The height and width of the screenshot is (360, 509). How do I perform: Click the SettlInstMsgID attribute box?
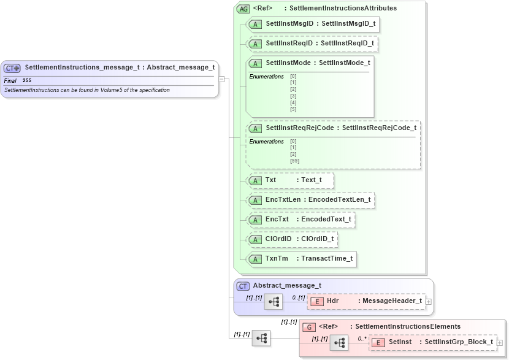click(313, 25)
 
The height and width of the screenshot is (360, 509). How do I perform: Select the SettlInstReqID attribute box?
click(313, 44)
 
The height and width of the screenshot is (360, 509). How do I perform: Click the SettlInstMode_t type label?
click(344, 63)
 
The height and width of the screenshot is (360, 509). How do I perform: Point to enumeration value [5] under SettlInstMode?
click(293, 109)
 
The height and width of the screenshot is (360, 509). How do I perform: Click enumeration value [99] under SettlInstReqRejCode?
click(294, 161)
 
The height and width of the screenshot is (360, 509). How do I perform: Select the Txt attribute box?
click(289, 180)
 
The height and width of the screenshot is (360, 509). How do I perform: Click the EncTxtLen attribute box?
click(310, 200)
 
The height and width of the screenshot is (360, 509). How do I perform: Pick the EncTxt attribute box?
click(300, 220)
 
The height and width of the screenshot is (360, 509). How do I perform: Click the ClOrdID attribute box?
click(292, 239)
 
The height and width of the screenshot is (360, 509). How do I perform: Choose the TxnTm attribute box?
click(301, 259)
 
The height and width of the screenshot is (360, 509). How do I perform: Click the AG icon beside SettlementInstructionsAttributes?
click(243, 9)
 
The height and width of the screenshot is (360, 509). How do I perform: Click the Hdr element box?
click(366, 301)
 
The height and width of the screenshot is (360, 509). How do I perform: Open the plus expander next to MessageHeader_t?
click(428, 301)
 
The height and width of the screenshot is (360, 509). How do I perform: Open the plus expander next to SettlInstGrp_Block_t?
click(499, 342)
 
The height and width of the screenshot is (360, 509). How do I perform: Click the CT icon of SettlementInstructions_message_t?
click(12, 69)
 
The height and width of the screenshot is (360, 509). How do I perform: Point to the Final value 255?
click(27, 80)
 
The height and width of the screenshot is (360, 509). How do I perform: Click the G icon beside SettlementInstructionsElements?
click(310, 327)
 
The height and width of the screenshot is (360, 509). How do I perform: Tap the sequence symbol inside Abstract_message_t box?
click(274, 301)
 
